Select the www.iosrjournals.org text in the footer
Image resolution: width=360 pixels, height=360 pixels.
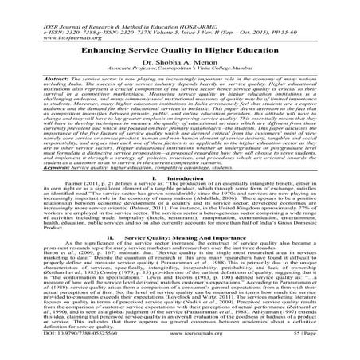tap(179, 350)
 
